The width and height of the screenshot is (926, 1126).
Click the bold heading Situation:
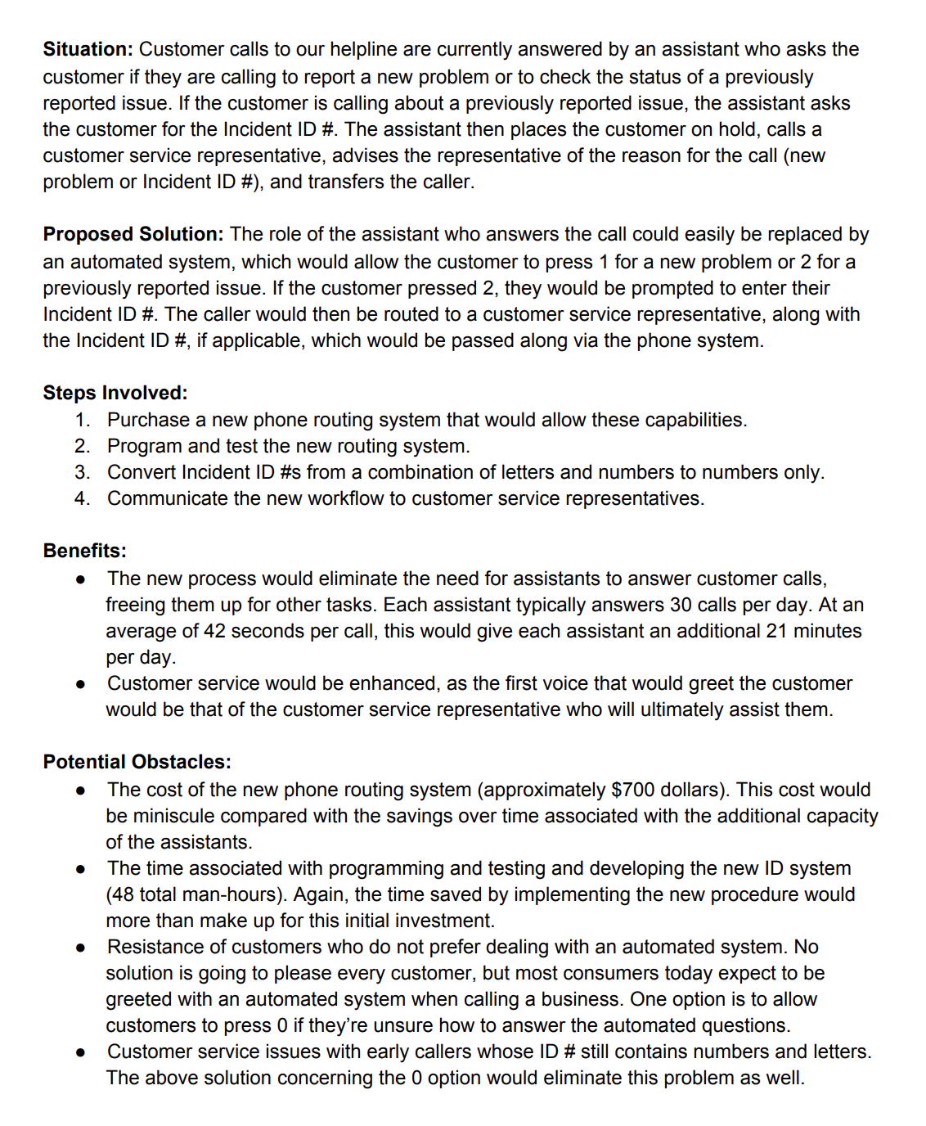click(x=88, y=49)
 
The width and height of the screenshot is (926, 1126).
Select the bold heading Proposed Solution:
click(x=133, y=234)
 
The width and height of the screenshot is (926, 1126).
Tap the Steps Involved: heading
click(x=115, y=393)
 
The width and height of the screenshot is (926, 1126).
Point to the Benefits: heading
click(x=84, y=551)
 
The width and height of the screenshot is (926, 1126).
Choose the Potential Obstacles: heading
click(x=137, y=762)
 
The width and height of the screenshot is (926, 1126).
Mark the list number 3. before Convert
click(x=82, y=472)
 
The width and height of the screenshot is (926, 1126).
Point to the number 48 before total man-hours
click(x=119, y=894)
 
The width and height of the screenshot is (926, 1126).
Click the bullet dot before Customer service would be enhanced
click(x=80, y=684)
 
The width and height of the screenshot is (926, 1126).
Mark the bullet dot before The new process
click(x=80, y=579)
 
